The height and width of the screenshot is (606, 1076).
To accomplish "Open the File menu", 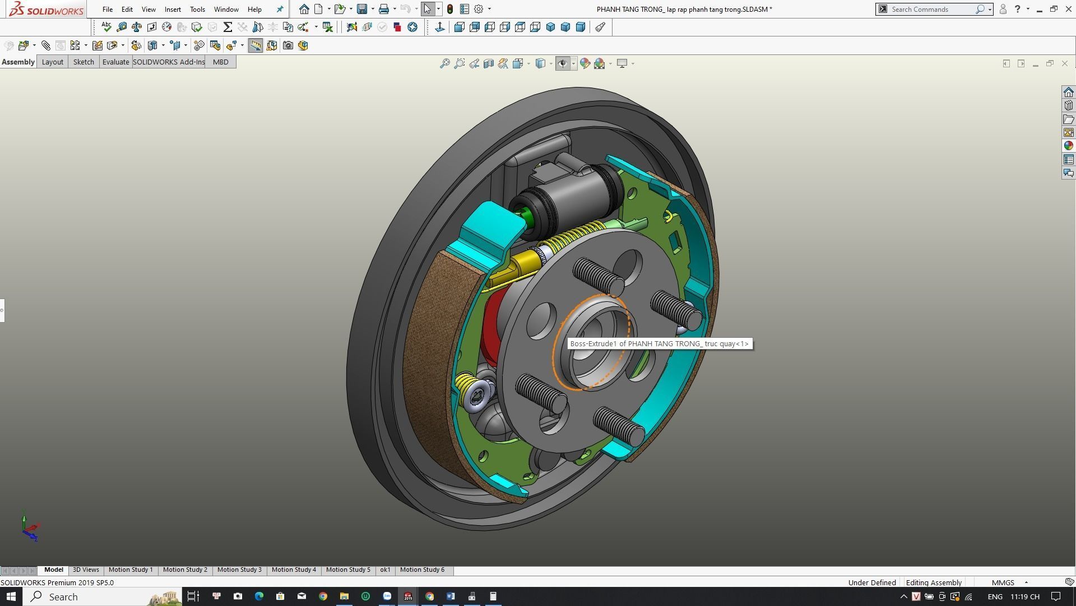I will click(x=107, y=10).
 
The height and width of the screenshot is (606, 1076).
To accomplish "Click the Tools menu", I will click(x=197, y=10).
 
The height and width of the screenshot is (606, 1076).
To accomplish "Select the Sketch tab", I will click(x=84, y=62).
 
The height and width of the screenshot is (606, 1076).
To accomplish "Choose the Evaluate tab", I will click(x=115, y=62).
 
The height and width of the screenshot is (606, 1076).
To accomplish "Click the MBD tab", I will click(x=220, y=62).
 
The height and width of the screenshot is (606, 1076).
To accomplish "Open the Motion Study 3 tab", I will click(x=239, y=570).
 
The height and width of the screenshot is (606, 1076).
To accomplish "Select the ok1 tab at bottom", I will click(x=385, y=570).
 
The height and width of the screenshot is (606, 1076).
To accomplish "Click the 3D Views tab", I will click(x=86, y=570).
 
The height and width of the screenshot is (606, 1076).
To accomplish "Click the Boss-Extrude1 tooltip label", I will click(x=659, y=344).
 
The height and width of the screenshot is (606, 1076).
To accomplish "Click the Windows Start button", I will click(x=11, y=596).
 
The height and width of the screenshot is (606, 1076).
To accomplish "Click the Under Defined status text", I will click(x=871, y=582).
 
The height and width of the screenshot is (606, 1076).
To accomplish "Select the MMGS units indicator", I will click(x=1003, y=582).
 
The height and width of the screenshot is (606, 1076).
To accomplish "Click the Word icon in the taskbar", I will click(x=451, y=596).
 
